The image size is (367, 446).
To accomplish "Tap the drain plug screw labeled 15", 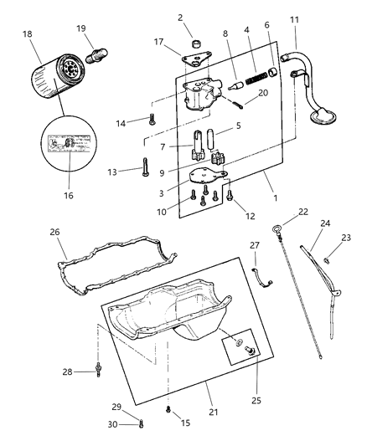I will (x=168, y=408).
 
